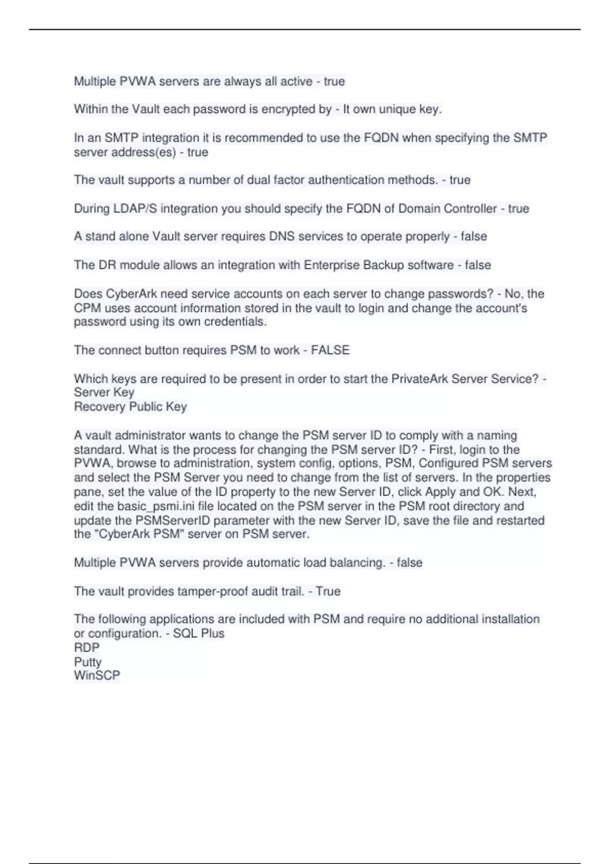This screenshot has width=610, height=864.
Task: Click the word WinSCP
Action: (x=97, y=675)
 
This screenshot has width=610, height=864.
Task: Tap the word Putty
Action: (x=87, y=662)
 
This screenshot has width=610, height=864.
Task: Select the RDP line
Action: (x=87, y=647)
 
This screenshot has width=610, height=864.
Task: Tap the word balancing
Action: (x=357, y=563)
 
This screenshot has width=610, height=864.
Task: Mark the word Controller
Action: (x=470, y=208)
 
